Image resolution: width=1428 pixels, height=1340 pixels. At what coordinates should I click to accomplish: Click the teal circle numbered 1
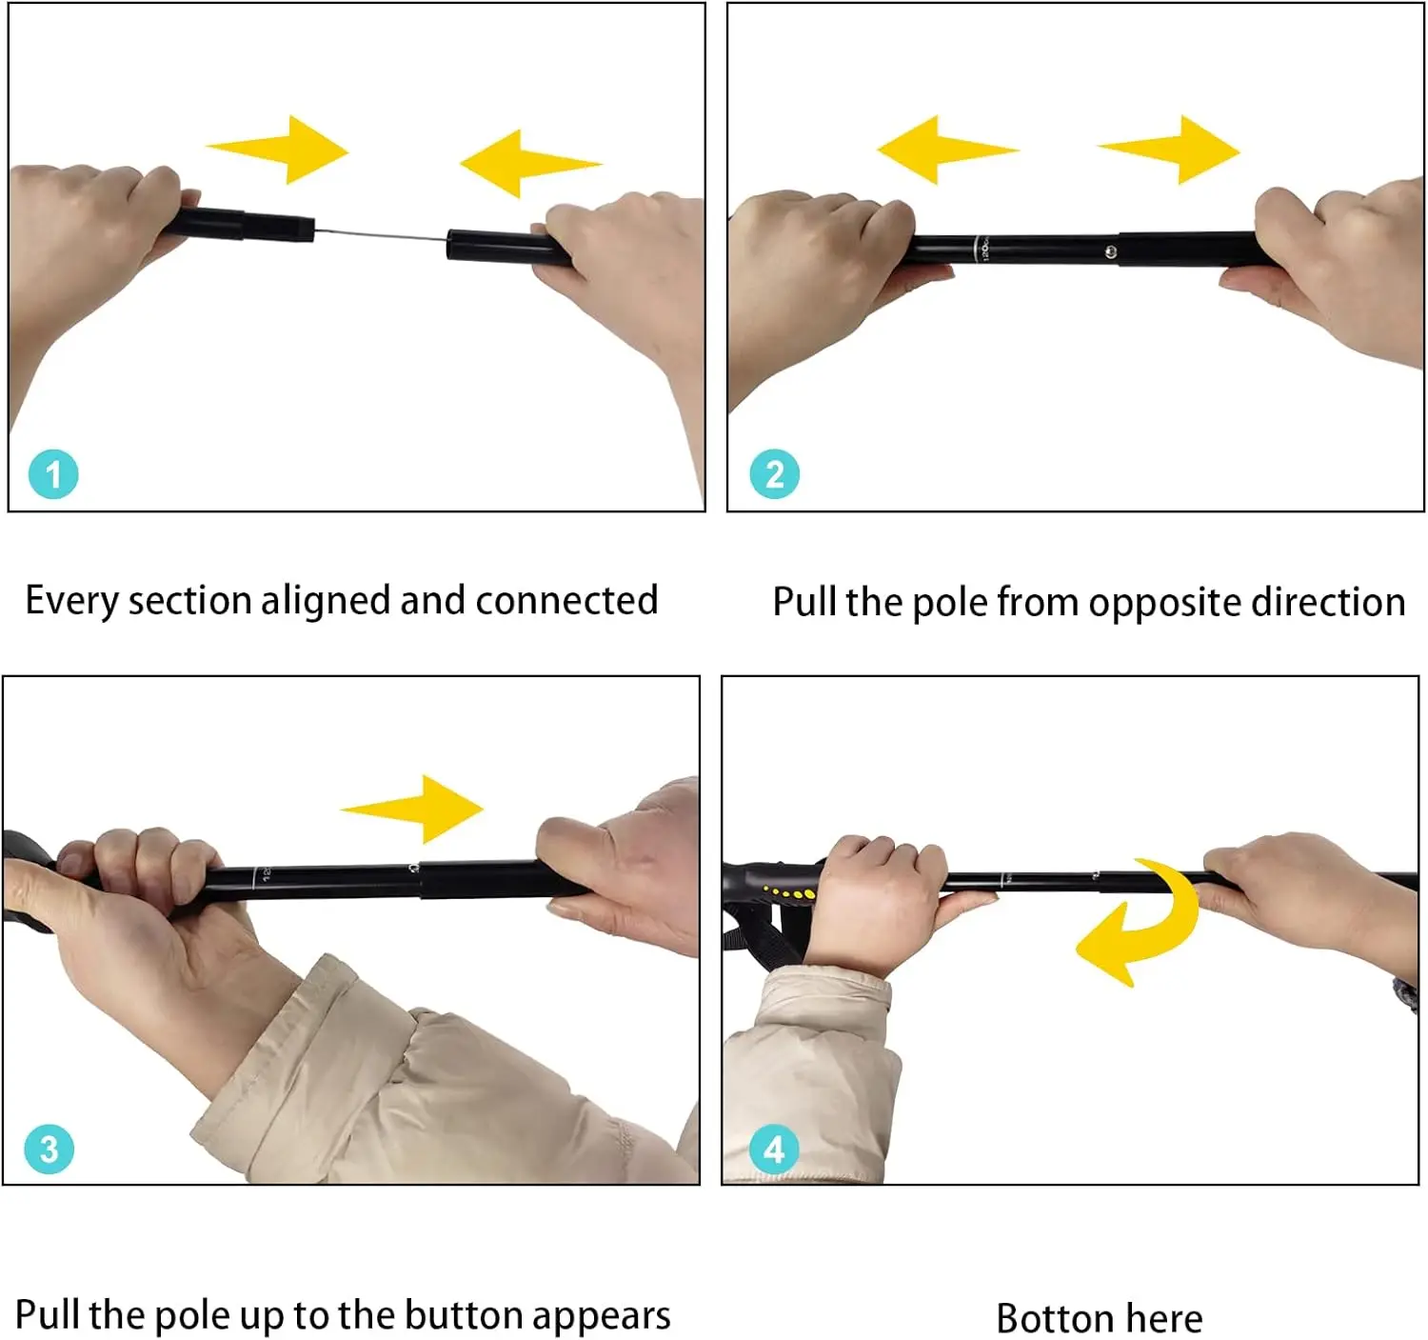pyautogui.click(x=53, y=474)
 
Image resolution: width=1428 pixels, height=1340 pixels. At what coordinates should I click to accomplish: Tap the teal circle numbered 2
pyautogui.click(x=774, y=474)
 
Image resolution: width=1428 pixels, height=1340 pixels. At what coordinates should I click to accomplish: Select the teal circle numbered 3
pyautogui.click(x=49, y=1150)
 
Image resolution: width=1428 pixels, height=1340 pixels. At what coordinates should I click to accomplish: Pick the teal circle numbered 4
pyautogui.click(x=774, y=1150)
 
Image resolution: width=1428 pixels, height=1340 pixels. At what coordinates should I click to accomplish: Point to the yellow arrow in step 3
pyautogui.click(x=412, y=810)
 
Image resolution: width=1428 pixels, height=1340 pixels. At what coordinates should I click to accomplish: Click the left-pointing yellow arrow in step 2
pyautogui.click(x=948, y=150)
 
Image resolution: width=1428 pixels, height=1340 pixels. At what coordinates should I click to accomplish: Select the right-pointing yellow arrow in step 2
pyautogui.click(x=1168, y=150)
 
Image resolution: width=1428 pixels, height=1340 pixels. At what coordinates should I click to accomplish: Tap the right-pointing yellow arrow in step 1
pyautogui.click(x=278, y=150)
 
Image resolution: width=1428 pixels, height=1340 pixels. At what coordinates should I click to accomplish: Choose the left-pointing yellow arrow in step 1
pyautogui.click(x=531, y=164)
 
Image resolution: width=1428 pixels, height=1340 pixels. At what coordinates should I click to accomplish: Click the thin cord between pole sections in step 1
pyautogui.click(x=381, y=234)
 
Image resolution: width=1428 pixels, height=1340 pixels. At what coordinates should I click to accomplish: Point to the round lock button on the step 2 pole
pyautogui.click(x=1111, y=251)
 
